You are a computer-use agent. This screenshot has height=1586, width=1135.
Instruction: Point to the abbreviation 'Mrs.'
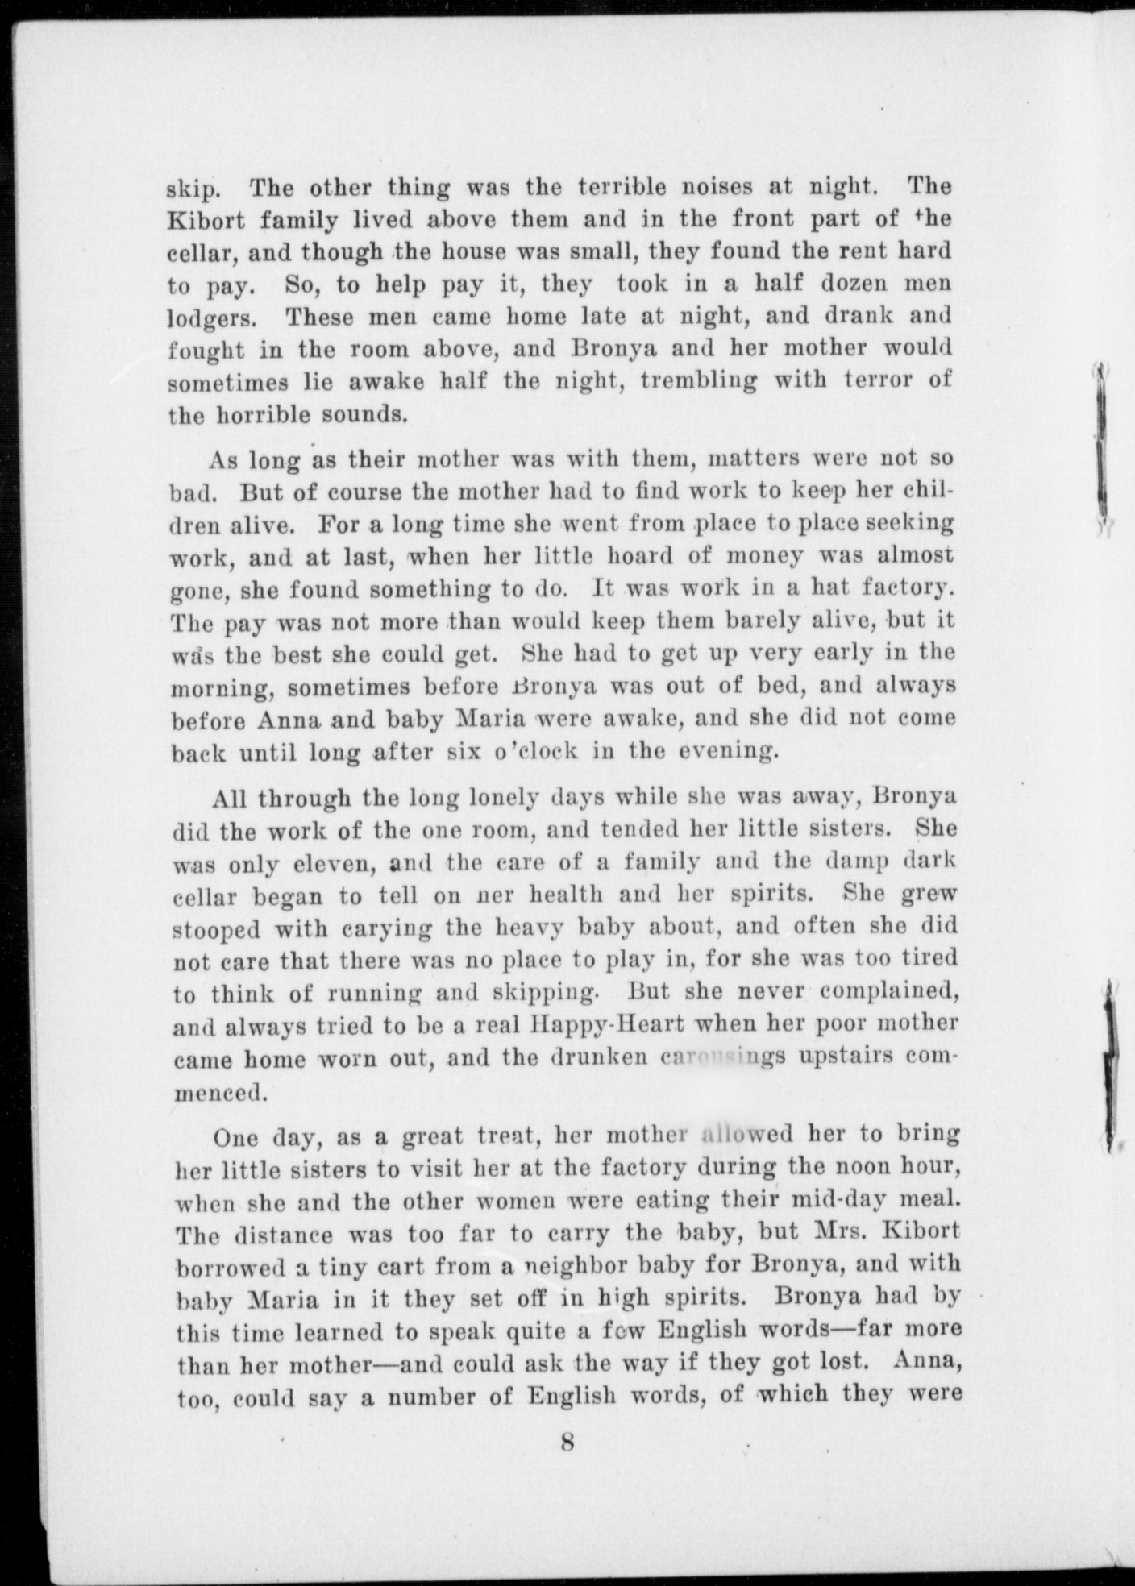click(x=847, y=1233)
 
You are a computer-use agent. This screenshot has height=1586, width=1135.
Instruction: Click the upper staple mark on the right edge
click(x=1101, y=443)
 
